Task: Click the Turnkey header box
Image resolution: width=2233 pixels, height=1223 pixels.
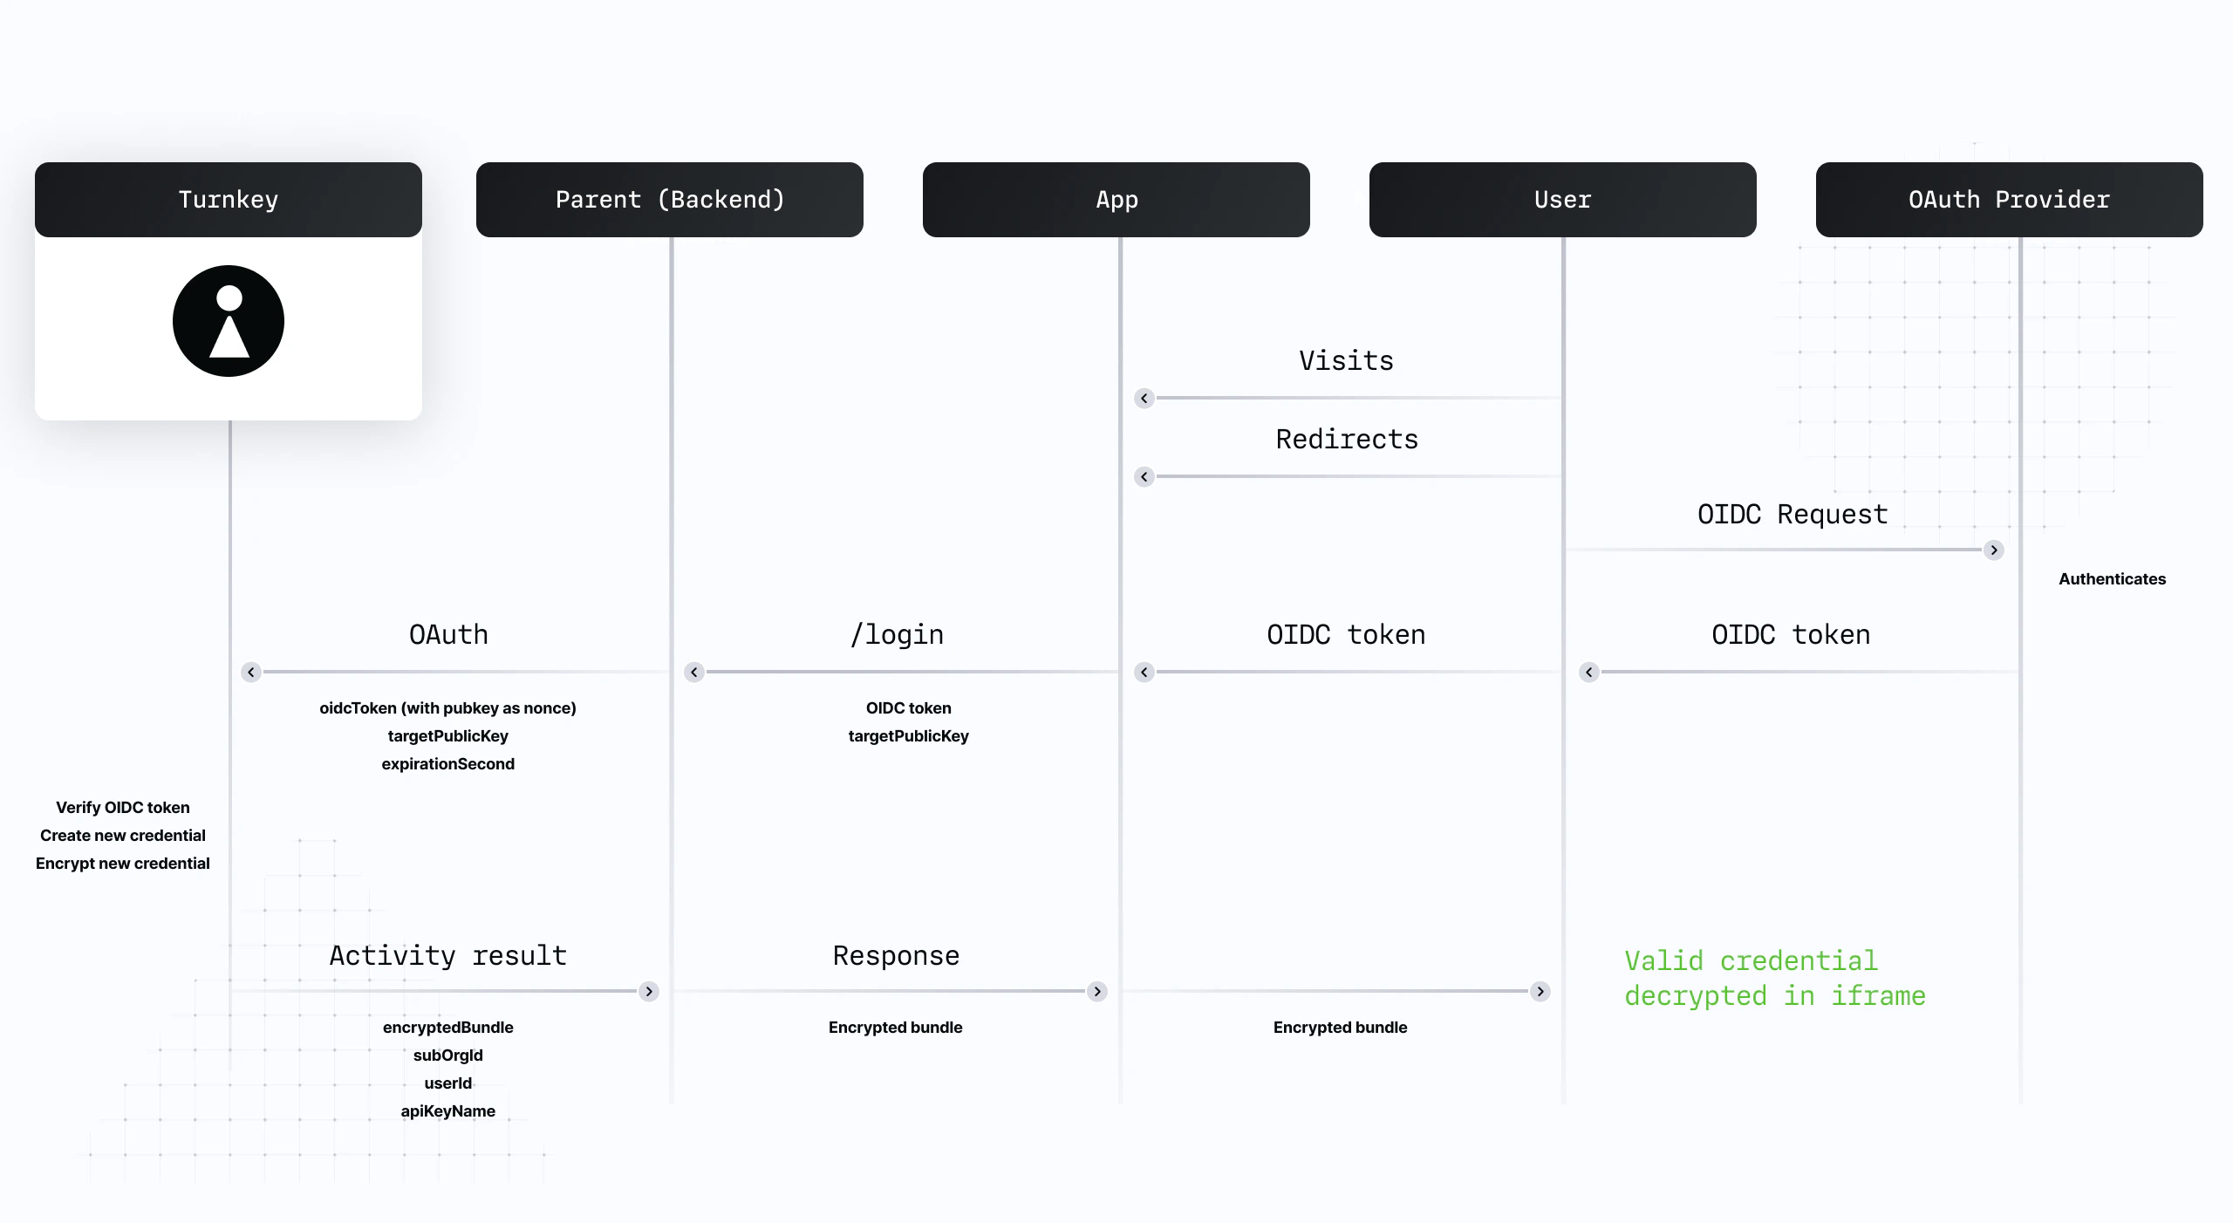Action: [x=229, y=200]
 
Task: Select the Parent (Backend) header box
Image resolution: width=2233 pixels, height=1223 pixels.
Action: [x=670, y=200]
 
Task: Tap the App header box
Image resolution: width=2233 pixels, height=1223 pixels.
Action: [x=1116, y=200]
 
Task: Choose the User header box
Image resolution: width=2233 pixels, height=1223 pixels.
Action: [x=1563, y=200]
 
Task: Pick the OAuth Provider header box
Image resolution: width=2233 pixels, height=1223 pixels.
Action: [x=2009, y=200]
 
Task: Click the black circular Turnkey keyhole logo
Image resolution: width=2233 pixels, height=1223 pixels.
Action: [x=229, y=321]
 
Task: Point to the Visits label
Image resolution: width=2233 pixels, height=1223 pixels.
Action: [x=1346, y=361]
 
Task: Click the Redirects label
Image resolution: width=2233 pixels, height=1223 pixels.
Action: [x=1347, y=440]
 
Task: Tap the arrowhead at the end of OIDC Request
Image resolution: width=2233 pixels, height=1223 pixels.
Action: [x=1994, y=550]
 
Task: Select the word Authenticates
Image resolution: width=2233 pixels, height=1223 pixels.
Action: [x=2112, y=579]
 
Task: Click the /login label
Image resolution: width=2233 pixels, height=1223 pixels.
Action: [x=897, y=635]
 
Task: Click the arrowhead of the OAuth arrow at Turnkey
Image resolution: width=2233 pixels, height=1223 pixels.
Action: [x=251, y=673]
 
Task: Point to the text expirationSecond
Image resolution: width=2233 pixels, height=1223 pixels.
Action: [x=447, y=764]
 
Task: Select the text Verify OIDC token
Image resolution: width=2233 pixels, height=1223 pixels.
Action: [x=123, y=808]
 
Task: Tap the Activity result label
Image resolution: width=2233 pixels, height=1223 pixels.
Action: [x=448, y=956]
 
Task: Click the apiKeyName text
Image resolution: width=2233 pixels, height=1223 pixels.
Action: [x=447, y=1111]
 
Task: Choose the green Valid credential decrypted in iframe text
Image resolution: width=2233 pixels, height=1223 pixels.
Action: [x=1774, y=979]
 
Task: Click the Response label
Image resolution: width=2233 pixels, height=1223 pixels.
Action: [x=896, y=956]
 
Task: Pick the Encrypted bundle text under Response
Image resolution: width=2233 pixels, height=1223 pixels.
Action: [x=895, y=1028]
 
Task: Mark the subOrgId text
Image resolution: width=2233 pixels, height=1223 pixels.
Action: [x=447, y=1056]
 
